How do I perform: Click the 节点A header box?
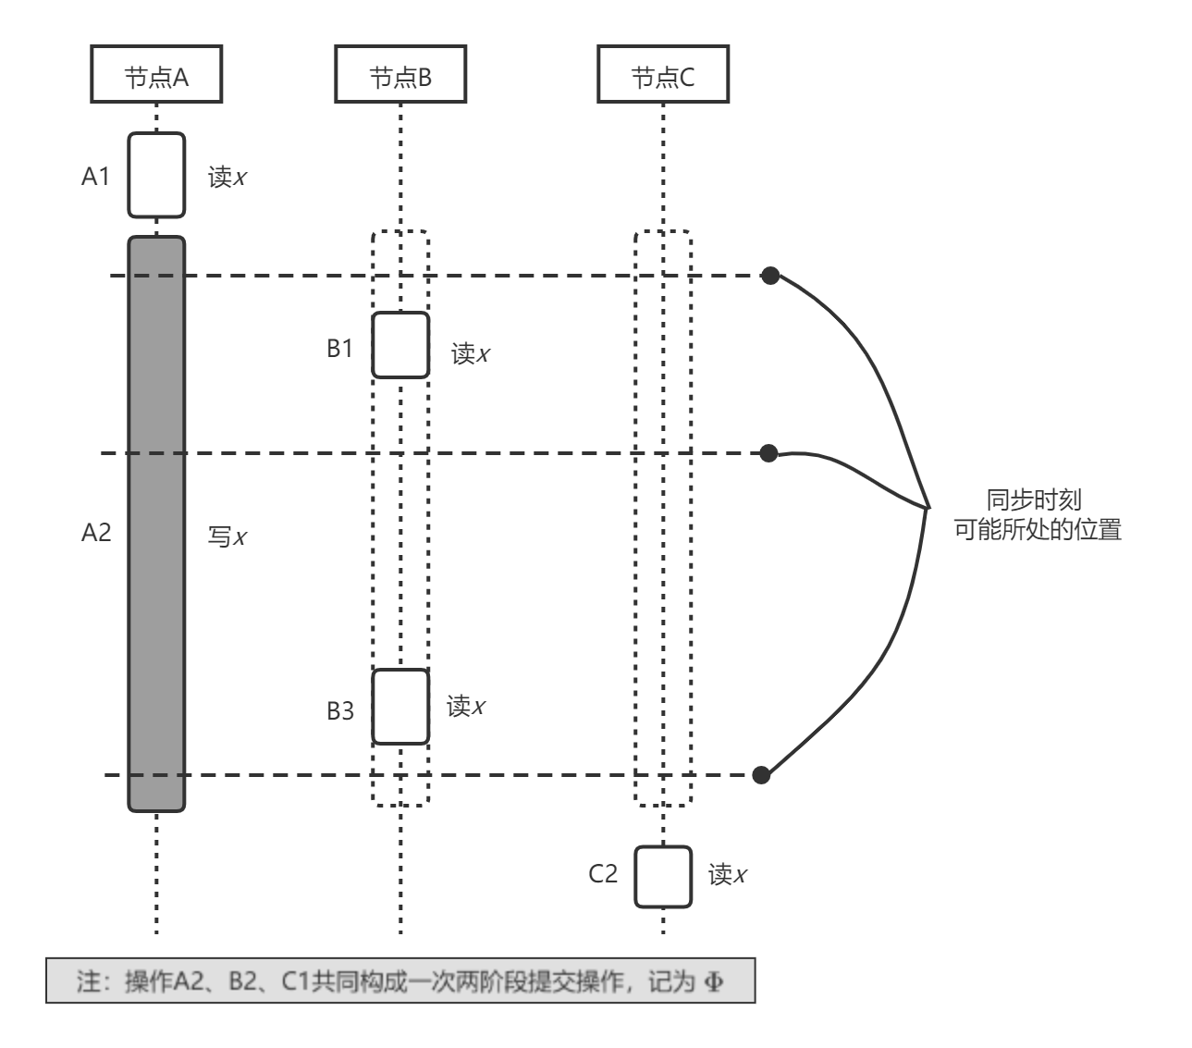(x=156, y=77)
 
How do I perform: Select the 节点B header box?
(x=400, y=77)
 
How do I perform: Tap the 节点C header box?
(x=662, y=77)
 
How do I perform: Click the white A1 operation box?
(x=156, y=176)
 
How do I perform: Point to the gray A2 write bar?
(x=156, y=524)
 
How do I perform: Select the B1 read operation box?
(x=400, y=345)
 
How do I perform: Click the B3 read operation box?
(x=400, y=707)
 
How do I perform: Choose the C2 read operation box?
(x=662, y=876)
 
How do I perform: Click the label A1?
(x=95, y=177)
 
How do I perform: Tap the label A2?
(x=96, y=532)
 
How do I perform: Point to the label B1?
(x=339, y=349)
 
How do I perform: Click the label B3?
(x=339, y=711)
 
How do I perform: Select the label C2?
(x=603, y=874)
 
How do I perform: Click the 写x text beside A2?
(x=227, y=536)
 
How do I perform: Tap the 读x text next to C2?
(x=728, y=875)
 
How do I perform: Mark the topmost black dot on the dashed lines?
(x=770, y=275)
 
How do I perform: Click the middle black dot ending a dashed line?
(x=768, y=452)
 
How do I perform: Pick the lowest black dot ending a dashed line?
(x=761, y=775)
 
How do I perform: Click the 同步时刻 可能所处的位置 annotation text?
(x=1037, y=515)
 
